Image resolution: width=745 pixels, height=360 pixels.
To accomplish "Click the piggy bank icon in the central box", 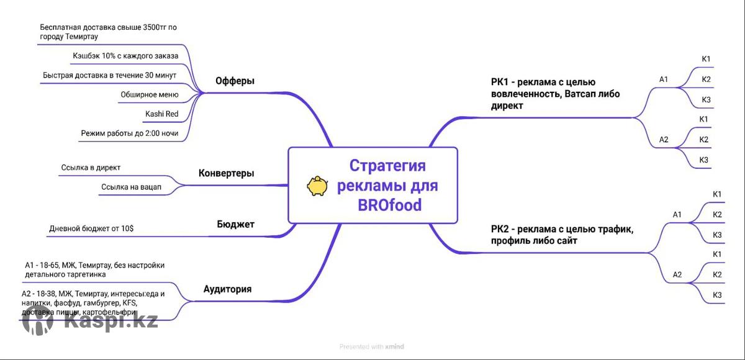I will click(317, 186).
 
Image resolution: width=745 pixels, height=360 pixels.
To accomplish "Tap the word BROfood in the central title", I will click(389, 205).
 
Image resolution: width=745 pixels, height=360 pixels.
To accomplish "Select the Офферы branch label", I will click(235, 81).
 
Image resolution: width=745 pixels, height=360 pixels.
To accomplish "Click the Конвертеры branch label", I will click(226, 173).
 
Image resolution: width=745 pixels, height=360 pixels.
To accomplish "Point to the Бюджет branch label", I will click(235, 224).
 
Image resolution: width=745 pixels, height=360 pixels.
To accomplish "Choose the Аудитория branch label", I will click(227, 289).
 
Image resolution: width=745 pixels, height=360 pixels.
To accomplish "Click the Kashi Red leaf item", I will click(161, 114).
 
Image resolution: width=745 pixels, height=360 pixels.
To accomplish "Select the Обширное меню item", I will click(150, 95).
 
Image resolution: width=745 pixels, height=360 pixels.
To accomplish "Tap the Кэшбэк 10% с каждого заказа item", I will click(125, 56).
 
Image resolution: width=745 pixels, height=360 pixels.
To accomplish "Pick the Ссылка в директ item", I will click(91, 168).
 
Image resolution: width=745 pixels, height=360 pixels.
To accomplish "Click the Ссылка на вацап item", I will click(131, 187).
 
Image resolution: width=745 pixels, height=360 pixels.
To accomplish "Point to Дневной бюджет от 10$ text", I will click(91, 228).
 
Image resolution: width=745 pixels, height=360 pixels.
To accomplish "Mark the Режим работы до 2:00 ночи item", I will click(130, 133).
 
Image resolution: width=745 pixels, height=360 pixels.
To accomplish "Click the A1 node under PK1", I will click(664, 79).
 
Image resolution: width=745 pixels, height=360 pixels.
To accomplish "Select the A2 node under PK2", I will click(677, 274).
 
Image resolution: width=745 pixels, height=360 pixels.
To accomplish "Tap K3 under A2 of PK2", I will click(717, 294).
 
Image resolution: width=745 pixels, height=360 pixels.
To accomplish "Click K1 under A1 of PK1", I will click(706, 59).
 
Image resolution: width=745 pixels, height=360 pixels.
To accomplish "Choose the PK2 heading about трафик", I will click(562, 235).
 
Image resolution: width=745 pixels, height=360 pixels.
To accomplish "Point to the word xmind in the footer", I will click(394, 346).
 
